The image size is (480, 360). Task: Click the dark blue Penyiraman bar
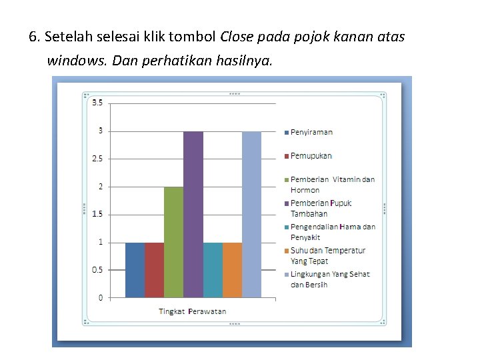pyautogui.click(x=135, y=269)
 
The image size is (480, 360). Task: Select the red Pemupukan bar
pyautogui.click(x=154, y=269)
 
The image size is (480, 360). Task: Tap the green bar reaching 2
pyautogui.click(x=173, y=241)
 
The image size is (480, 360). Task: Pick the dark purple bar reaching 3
pyautogui.click(x=193, y=213)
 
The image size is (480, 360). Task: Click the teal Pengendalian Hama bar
pyautogui.click(x=213, y=269)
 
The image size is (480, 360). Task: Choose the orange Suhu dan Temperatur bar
pyautogui.click(x=232, y=269)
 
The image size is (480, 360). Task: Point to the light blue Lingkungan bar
pyautogui.click(x=251, y=213)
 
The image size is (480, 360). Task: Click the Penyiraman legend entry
pyautogui.click(x=311, y=132)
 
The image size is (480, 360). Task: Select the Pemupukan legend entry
pyautogui.click(x=311, y=156)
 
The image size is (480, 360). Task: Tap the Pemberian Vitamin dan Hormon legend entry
pyautogui.click(x=332, y=185)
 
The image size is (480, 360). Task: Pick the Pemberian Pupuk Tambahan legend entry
pyautogui.click(x=321, y=208)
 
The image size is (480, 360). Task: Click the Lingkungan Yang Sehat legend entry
pyautogui.click(x=329, y=279)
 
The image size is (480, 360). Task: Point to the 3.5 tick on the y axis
pyautogui.click(x=97, y=102)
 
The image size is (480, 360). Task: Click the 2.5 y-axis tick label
pyautogui.click(x=97, y=159)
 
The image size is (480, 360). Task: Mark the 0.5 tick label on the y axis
pyautogui.click(x=97, y=270)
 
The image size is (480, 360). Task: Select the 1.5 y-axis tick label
pyautogui.click(x=97, y=214)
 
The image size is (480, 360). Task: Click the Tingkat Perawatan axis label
pyautogui.click(x=192, y=311)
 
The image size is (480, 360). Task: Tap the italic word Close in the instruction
pyautogui.click(x=237, y=37)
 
